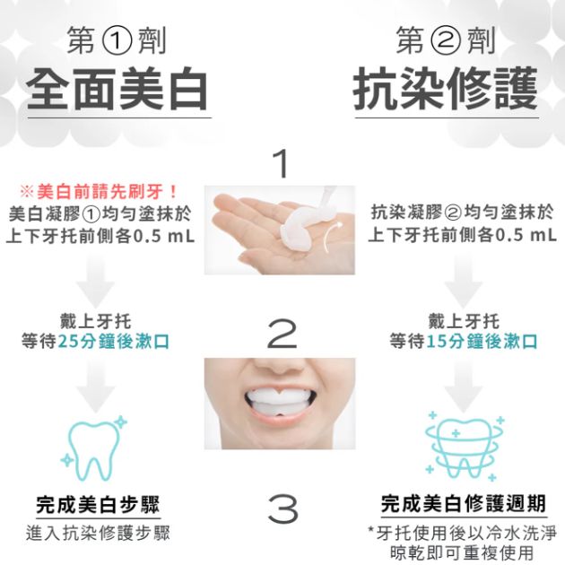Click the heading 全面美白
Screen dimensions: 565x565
point(117,90)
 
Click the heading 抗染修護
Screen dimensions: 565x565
point(446,90)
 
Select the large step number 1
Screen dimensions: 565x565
point(282,163)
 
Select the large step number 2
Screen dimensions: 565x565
point(282,335)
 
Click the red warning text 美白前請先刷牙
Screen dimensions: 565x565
point(108,191)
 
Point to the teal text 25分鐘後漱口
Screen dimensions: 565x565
point(114,342)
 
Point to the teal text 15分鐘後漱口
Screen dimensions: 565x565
point(482,342)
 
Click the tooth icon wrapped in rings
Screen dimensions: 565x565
point(465,447)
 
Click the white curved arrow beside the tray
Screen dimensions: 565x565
point(332,237)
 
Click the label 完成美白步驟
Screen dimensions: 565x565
point(98,504)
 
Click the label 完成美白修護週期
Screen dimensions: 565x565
point(464,504)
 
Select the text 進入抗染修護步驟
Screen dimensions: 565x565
point(98,534)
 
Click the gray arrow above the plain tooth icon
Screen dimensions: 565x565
point(96,387)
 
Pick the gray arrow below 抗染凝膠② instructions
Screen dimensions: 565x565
point(464,282)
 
